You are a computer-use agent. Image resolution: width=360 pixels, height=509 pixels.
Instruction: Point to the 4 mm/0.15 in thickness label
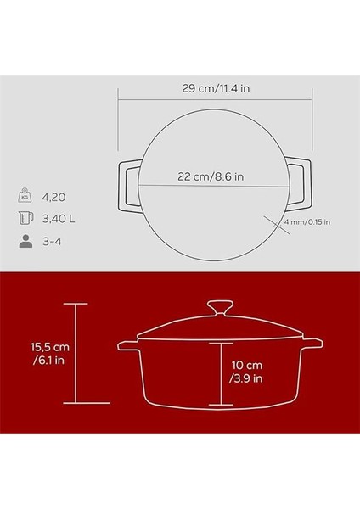coord(307,222)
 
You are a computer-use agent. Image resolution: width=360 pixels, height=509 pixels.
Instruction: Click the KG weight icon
coord(25,196)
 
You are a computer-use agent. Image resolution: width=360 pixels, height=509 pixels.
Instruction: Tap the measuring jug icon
coord(25,218)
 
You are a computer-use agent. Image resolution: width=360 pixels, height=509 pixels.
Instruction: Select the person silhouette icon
coord(25,240)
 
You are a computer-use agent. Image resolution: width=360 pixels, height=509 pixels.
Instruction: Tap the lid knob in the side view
coord(219,308)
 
